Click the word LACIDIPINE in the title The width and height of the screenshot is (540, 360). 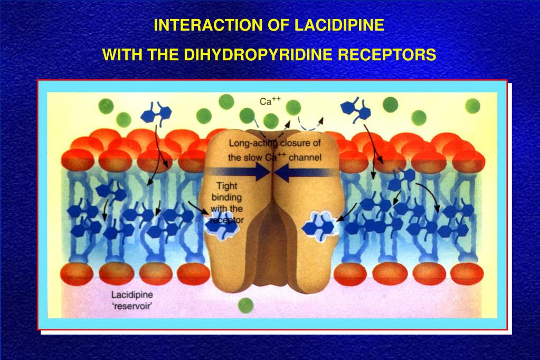coord(339,25)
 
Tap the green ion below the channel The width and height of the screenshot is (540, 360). coord(245,305)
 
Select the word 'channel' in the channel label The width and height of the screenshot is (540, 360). coord(306,157)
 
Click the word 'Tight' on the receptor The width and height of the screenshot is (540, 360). coord(228,186)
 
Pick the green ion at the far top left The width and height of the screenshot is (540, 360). coord(106,107)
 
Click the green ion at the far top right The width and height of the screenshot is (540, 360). coord(472,106)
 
